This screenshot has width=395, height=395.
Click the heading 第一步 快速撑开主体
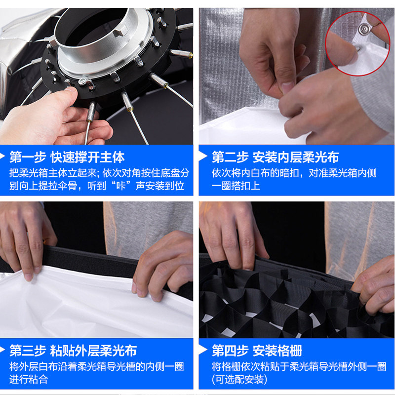tap(67, 158)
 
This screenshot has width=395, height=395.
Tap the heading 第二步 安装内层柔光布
tap(276, 158)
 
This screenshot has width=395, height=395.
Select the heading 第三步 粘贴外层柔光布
tap(73, 351)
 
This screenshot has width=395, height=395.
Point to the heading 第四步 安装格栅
tap(257, 351)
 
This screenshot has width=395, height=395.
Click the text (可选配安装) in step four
tap(239, 379)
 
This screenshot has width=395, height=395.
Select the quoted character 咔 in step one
tap(121, 186)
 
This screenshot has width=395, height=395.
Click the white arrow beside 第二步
tap(202, 156)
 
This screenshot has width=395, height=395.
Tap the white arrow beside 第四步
tap(202, 350)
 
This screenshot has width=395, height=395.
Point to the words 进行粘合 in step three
tap(29, 379)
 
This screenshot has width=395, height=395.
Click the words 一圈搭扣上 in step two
tap(236, 186)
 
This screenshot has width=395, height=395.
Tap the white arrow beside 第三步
tap(2, 350)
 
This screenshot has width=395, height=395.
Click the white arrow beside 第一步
tap(2, 156)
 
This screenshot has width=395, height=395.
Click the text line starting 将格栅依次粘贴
tap(299, 366)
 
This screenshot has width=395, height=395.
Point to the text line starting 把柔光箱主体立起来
tap(99, 173)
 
